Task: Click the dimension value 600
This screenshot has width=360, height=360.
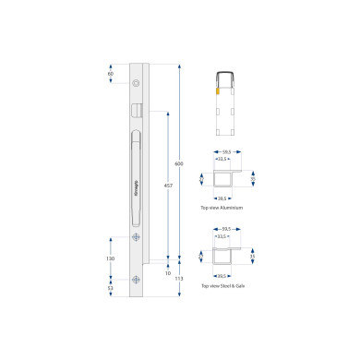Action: [x=179, y=163]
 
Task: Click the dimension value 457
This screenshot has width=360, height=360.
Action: [x=167, y=186]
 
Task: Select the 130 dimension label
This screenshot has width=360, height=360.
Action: [x=110, y=258]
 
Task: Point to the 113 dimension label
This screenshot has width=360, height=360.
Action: [x=179, y=277]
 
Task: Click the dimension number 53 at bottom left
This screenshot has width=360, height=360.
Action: [x=110, y=288]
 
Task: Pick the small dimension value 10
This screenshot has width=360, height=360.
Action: [x=167, y=273]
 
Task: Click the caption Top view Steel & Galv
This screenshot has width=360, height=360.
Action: [x=222, y=288]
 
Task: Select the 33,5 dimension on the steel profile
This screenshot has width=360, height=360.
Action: [x=223, y=235]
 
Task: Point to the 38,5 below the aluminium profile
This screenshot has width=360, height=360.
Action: [x=222, y=198]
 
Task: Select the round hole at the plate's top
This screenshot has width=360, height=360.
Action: [x=137, y=83]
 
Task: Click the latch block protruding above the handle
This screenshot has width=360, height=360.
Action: [x=138, y=109]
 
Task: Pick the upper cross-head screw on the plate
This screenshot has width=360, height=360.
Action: [x=137, y=238]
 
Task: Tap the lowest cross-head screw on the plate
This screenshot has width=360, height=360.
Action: [x=137, y=282]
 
